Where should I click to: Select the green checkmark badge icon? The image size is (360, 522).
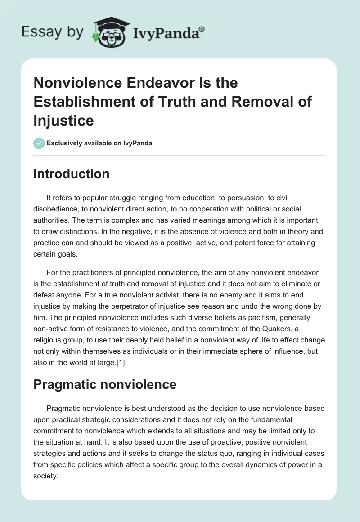click(39, 143)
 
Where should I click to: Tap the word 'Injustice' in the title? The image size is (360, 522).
click(63, 120)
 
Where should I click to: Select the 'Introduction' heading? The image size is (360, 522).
click(71, 174)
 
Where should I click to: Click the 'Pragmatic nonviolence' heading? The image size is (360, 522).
click(105, 384)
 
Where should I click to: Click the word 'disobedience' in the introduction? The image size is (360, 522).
click(54, 209)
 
